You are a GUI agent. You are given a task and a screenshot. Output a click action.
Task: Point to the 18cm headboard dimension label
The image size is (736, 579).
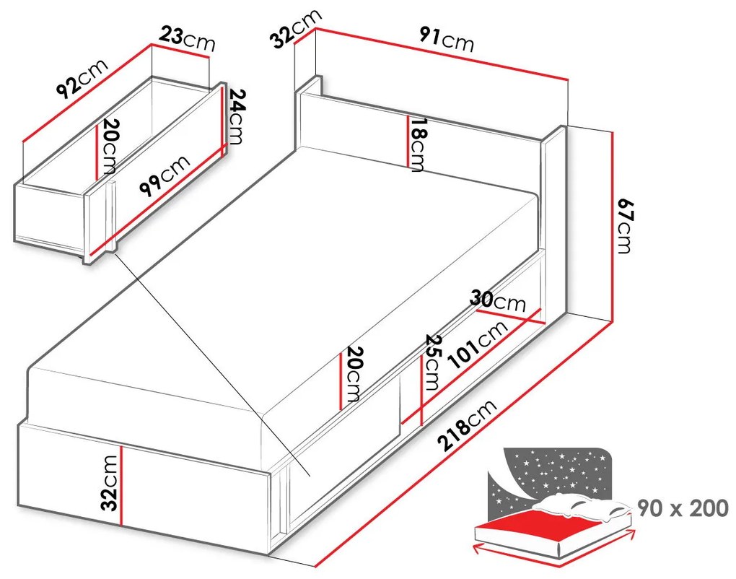click(417, 144)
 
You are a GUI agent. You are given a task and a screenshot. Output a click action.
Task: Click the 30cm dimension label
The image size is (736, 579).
click(498, 302)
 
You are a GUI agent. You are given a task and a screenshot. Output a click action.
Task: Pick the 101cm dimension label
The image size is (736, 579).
click(478, 344)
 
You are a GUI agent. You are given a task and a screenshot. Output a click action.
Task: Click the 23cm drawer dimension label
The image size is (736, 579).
click(187, 38)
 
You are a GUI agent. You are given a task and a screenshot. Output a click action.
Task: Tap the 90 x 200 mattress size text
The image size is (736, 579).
click(683, 508)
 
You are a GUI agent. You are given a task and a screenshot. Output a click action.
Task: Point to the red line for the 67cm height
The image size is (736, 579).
click(613, 227)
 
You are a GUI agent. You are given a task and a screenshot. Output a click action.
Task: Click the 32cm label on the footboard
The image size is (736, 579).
click(110, 482)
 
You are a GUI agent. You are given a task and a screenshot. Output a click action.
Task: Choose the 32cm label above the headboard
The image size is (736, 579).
click(297, 28)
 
